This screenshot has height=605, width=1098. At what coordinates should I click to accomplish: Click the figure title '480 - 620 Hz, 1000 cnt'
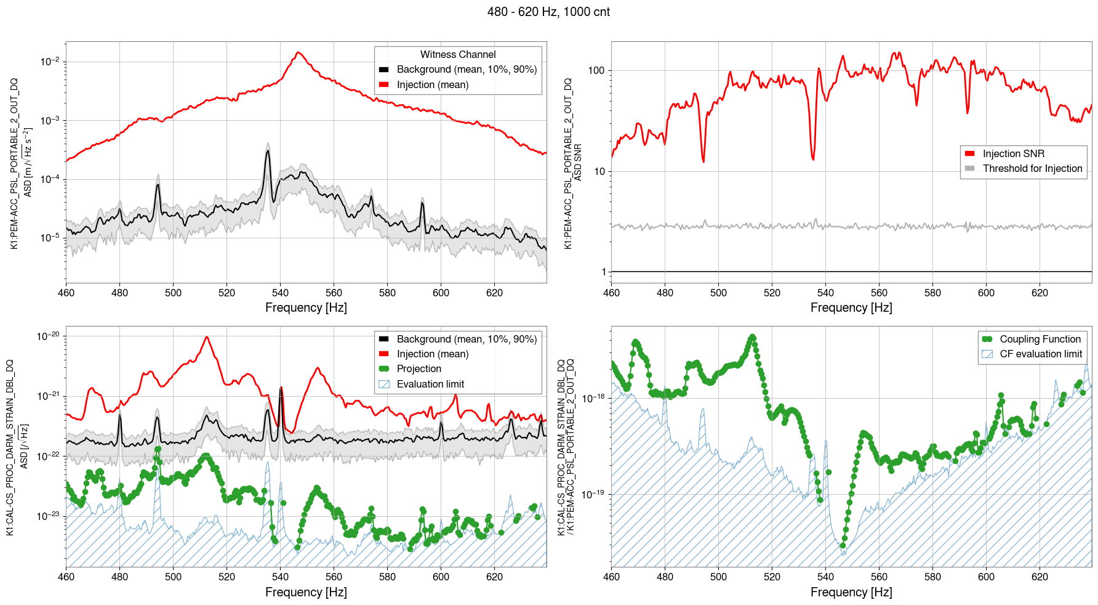548,12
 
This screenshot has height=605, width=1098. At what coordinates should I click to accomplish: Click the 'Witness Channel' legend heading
458,55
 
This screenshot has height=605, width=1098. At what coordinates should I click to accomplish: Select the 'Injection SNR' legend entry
1013,154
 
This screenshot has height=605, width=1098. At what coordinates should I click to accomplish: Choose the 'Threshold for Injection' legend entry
1032,169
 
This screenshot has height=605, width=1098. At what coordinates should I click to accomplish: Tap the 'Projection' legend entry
419,369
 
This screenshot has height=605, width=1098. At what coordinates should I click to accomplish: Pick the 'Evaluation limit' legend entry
430,384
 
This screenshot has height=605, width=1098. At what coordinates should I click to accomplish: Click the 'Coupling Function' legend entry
1040,339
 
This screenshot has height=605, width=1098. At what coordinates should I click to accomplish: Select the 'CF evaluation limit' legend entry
1040,354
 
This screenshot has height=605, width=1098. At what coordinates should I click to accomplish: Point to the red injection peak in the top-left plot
299,53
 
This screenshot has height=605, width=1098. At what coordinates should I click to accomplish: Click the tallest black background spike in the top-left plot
268,151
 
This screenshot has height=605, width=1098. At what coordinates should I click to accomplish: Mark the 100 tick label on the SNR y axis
596,71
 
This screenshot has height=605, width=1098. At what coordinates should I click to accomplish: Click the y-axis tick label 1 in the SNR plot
604,272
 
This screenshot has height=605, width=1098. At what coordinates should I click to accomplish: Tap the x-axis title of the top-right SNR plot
851,307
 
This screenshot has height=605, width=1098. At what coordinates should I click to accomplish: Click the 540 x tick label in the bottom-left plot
280,577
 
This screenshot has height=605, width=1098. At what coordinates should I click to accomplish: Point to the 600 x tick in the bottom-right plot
986,577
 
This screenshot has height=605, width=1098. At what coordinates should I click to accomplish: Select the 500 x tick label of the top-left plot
173,293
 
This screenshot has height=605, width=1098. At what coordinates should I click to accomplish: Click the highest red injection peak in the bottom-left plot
207,337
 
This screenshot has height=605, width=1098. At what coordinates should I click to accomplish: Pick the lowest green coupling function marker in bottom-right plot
843,546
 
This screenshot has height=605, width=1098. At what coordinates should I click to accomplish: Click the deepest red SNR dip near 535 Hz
813,159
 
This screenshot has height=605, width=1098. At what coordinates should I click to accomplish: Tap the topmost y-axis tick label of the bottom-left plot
48,336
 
